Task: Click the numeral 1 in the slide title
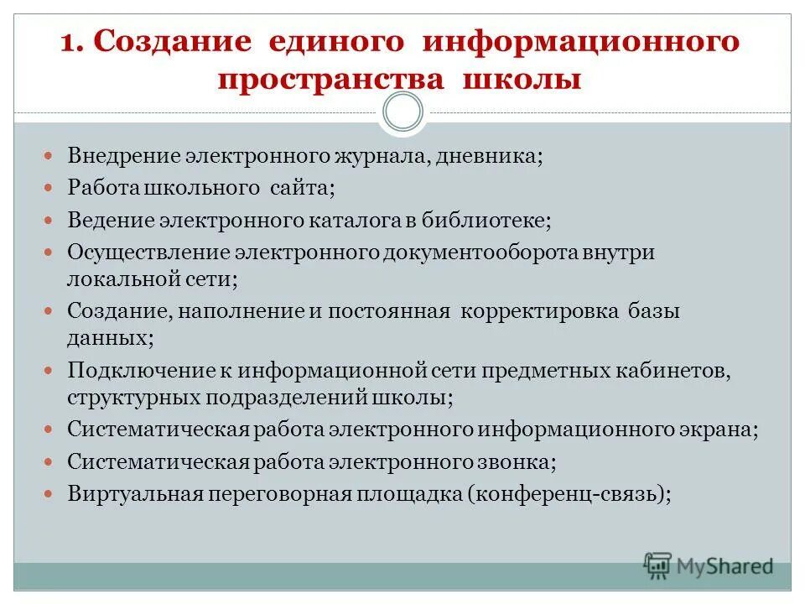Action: coord(70,42)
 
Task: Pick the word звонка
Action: coord(517,461)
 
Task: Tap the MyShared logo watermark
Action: coord(709,566)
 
